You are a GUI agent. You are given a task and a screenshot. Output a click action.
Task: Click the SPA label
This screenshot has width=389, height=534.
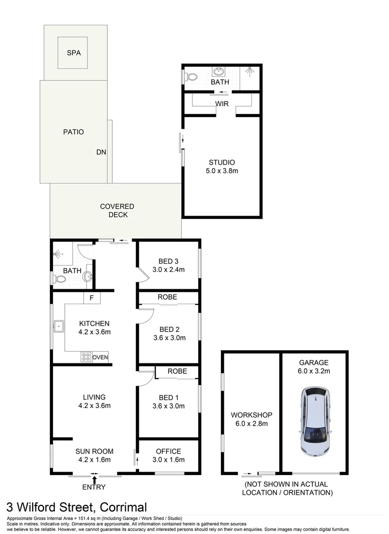click(74, 53)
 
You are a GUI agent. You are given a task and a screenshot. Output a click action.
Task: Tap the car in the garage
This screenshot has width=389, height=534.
click(315, 421)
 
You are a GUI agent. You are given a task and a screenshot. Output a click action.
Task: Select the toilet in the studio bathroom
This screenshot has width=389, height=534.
click(191, 77)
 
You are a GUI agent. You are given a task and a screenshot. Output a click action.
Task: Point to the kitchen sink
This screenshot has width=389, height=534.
click(58, 327)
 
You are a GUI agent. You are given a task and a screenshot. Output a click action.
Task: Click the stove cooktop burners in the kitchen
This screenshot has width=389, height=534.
click(86, 357)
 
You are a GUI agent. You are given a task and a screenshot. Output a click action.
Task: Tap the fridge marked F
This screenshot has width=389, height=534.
click(92, 298)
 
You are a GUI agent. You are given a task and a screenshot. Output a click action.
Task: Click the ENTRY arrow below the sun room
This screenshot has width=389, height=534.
click(94, 480)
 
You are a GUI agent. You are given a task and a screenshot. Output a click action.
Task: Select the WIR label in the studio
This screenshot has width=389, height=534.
click(222, 104)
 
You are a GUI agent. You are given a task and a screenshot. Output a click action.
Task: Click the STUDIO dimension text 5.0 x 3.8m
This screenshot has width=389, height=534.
click(222, 171)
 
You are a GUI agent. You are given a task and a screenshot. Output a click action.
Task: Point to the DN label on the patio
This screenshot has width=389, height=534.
click(101, 152)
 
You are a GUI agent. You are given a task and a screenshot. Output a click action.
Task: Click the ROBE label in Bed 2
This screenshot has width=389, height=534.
click(168, 297)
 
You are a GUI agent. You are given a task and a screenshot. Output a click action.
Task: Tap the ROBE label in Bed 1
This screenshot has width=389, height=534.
click(177, 371)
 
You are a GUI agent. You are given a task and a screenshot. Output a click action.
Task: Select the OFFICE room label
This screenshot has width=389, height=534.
click(169, 451)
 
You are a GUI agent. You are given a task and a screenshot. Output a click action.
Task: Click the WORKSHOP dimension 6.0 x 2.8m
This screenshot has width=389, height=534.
click(252, 424)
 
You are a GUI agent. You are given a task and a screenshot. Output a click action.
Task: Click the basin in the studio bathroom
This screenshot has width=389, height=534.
click(218, 72)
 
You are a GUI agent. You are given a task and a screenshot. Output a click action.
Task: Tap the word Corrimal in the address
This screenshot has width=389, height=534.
click(123, 507)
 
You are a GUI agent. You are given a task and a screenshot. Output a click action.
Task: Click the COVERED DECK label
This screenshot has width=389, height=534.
click(118, 211)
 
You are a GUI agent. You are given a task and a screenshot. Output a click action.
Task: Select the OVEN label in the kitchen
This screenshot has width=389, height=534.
click(100, 357)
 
